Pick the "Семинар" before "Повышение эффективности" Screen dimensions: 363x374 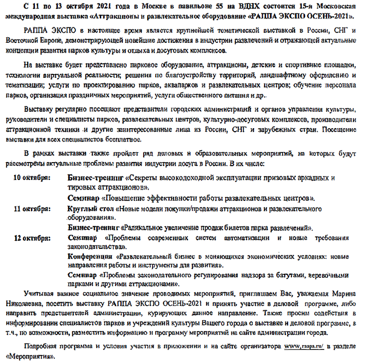pyautogui.click(x=82, y=198)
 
